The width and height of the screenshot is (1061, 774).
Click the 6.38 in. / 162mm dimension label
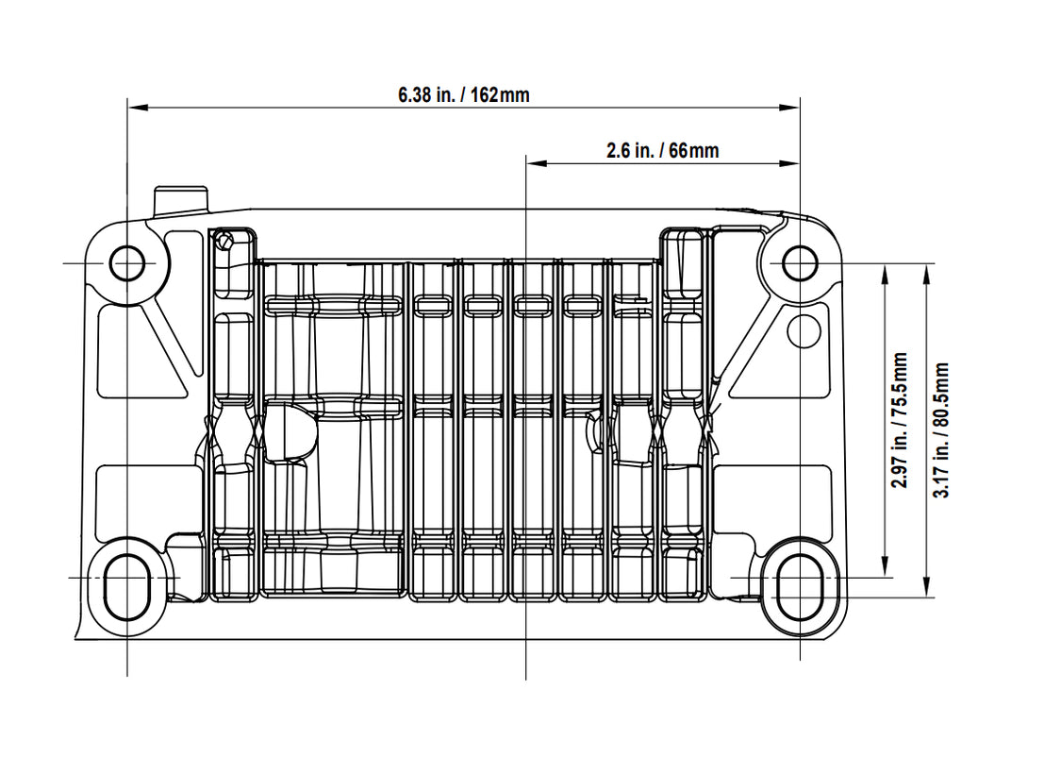point(463,94)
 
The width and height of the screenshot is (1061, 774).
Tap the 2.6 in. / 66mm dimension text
point(662,150)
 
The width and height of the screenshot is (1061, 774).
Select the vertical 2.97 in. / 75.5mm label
point(900,420)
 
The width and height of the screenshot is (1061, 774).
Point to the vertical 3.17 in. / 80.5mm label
point(941,430)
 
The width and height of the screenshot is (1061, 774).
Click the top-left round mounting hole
point(127,263)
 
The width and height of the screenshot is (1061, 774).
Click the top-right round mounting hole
point(800,263)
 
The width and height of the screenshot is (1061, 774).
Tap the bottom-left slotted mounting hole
point(127,588)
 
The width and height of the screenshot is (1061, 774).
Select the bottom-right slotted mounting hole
point(800,588)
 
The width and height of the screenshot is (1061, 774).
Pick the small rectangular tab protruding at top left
point(181,200)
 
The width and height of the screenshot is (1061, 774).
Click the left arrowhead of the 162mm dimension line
point(138,107)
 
